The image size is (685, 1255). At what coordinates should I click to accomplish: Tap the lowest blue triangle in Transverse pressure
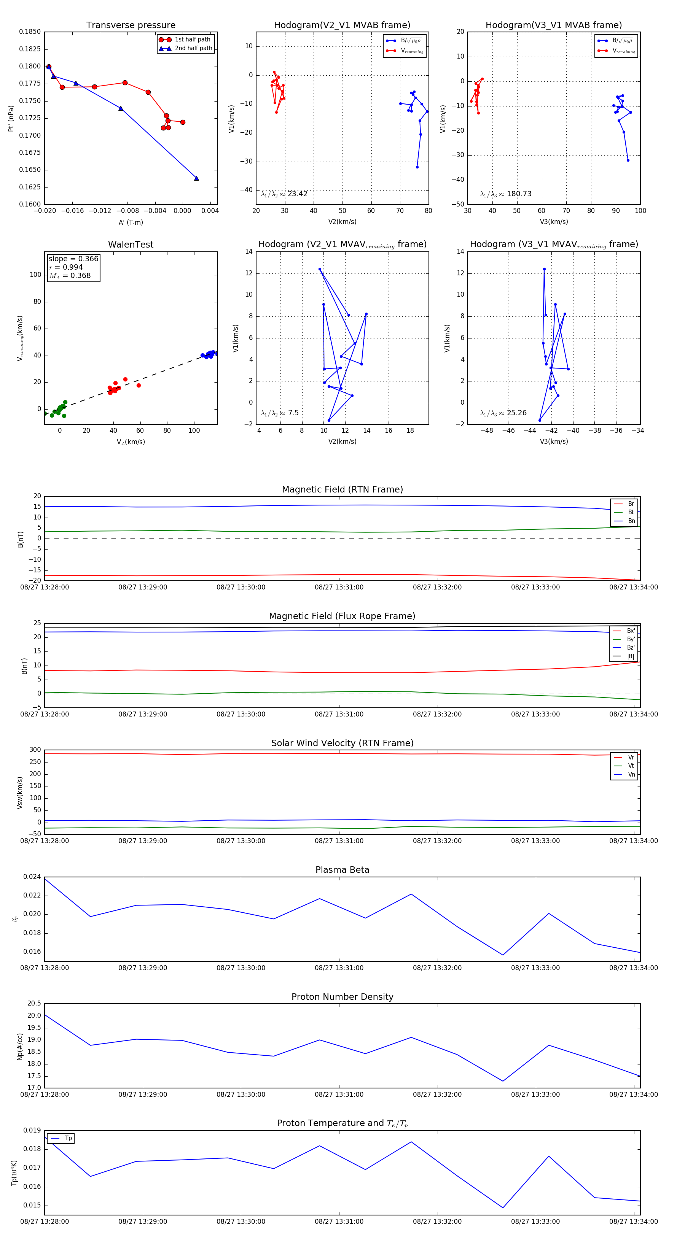coord(196,178)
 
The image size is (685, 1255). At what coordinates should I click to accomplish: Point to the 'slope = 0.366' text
coord(73,259)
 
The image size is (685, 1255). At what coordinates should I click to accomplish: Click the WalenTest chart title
coord(131,245)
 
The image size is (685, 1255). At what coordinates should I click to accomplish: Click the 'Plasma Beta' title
coord(342,870)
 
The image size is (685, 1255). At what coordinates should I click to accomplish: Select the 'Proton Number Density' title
coord(342,996)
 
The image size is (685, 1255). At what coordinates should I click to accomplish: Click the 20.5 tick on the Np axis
coord(34,1003)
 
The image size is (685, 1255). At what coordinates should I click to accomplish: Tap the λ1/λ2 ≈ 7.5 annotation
coord(280,413)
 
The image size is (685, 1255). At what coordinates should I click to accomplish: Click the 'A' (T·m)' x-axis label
coord(131,222)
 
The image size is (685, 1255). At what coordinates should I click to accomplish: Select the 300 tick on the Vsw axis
coord(35,750)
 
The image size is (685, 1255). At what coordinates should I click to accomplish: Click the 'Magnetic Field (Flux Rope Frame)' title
coord(342,616)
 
